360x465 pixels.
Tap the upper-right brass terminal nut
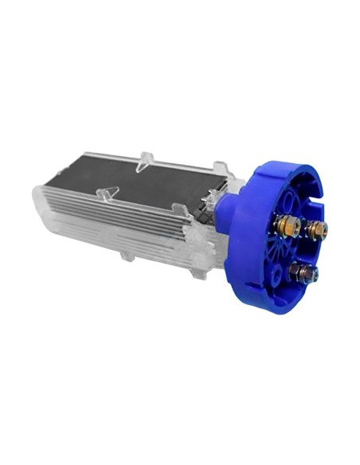coord(317,231)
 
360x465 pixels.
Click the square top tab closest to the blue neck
coord(181,210)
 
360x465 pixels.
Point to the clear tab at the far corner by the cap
coord(220,169)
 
